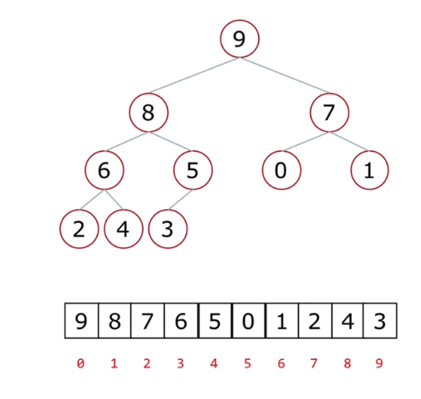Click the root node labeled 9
coord(239,39)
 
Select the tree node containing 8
coord(149,113)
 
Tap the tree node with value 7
coord(329,113)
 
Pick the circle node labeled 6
coord(104,170)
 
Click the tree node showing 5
coord(193,170)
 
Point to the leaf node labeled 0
coord(281,170)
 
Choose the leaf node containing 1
coord(369,170)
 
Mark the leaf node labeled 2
coord(80,229)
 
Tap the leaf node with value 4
coord(124,229)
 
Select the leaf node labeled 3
coord(168,229)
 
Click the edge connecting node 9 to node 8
coord(194,75)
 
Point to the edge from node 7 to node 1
coord(349,141)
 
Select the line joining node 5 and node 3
coord(180,200)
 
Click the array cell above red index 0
coord(82,321)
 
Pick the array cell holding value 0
coord(248,321)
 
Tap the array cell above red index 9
coord(380,321)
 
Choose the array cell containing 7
coord(147,321)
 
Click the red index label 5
coord(248,364)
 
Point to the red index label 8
coord(347,364)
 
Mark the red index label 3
coord(180,364)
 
